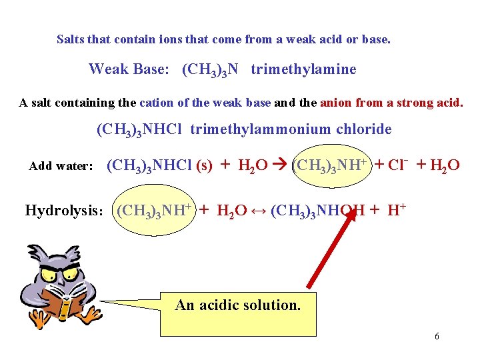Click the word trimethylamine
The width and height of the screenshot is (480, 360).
303,69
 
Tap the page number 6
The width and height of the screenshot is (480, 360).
437,336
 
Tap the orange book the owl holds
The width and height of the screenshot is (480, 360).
61,303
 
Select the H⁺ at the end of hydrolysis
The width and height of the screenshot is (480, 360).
397,211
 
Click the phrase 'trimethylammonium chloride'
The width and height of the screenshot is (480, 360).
291,129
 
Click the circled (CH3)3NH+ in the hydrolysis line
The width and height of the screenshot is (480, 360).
154,211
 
